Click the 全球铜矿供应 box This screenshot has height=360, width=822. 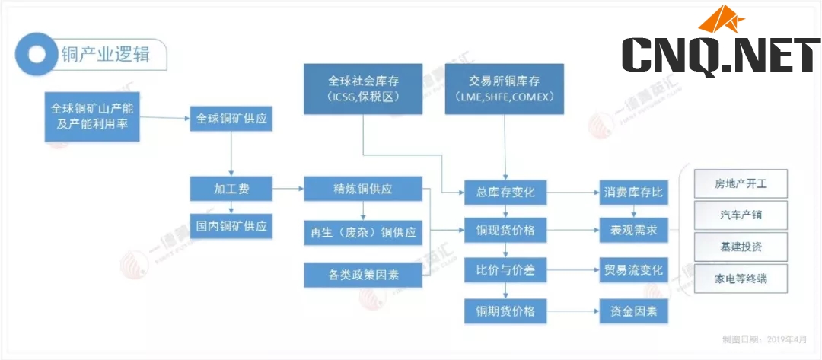[231, 120]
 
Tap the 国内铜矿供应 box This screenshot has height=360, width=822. [231, 227]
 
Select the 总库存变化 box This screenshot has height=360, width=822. [505, 193]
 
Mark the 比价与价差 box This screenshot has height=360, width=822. [505, 270]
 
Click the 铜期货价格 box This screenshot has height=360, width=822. [505, 311]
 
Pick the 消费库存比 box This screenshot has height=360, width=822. [633, 193]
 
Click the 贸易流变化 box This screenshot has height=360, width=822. [633, 270]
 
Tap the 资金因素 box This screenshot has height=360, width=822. [633, 311]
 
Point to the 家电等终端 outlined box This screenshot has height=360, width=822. [741, 279]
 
